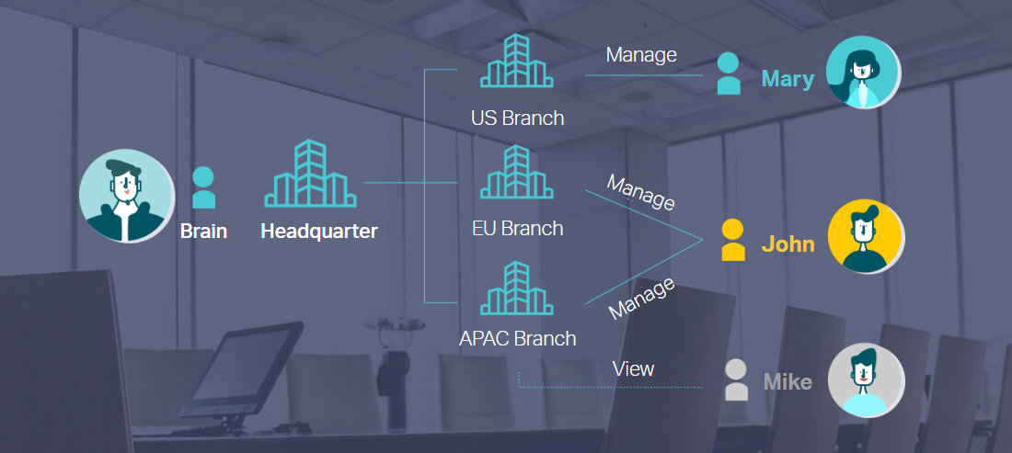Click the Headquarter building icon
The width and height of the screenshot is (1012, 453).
point(310,174)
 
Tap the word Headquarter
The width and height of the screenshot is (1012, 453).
point(319,231)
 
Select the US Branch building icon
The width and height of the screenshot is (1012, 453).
point(516,61)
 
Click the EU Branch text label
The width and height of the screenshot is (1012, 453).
point(518,228)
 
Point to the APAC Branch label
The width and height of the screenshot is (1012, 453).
point(518,337)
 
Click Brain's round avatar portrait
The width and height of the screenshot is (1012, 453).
point(127,196)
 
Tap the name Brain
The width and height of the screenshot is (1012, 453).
point(203,231)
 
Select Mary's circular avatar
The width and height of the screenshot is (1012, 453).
point(864,73)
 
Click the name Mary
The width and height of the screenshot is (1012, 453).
point(788,79)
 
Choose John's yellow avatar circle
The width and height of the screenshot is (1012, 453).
point(866,236)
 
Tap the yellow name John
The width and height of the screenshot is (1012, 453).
point(788,244)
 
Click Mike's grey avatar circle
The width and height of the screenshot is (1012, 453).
point(866,380)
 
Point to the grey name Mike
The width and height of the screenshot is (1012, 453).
point(788,382)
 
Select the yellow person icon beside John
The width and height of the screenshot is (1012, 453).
point(733,240)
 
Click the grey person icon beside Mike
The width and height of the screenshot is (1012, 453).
point(736,380)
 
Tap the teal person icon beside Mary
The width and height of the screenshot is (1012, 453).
point(729,74)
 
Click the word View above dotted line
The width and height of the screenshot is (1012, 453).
point(633,368)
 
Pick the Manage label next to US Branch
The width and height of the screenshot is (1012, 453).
point(641,55)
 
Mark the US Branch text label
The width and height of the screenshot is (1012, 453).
point(518,118)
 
